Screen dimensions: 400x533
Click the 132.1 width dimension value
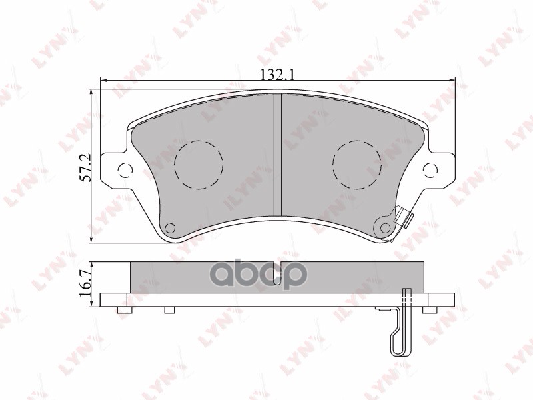coord(276,75)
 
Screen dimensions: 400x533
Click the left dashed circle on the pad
coord(198,164)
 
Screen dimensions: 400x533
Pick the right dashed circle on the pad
coord(357,164)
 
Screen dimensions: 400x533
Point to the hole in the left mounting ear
coord(123,169)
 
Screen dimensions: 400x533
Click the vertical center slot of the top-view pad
coord(278,163)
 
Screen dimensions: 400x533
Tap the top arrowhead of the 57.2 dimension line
coord(92,93)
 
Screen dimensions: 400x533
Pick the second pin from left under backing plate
coord(169,309)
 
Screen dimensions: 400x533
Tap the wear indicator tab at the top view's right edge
coord(404,217)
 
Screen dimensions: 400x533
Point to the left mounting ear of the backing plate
coord(117,167)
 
